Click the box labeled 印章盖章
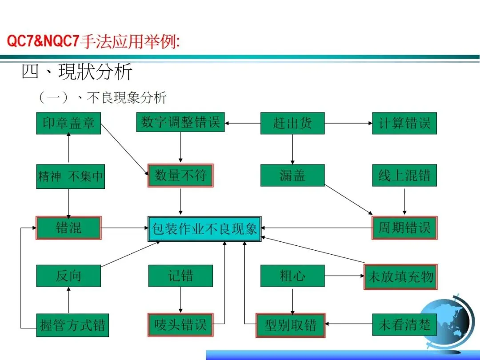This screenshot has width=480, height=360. tap(68, 123)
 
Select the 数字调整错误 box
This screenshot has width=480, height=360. tap(180, 122)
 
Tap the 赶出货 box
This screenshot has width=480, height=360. tap(292, 123)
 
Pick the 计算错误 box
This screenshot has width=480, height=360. tap(404, 123)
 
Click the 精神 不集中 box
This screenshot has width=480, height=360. tap(70, 176)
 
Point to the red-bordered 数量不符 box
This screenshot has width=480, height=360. tap(180, 176)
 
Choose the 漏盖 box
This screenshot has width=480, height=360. tap(292, 176)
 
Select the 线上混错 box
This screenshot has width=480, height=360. tap(404, 176)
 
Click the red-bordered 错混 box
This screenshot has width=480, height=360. tap(68, 228)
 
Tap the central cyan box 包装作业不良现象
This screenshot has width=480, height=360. tap(204, 229)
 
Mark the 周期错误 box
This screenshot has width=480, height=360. tap(404, 228)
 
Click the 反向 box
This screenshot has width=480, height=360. tap(68, 276)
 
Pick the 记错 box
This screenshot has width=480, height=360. tap(180, 276)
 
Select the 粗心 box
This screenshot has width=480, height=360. tap(292, 276)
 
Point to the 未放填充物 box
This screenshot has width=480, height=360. tap(400, 277)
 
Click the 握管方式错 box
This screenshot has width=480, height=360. tap(72, 325)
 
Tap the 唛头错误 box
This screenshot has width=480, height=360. tap(180, 325)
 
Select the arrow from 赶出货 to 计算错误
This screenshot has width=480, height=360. tap(348, 123)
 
